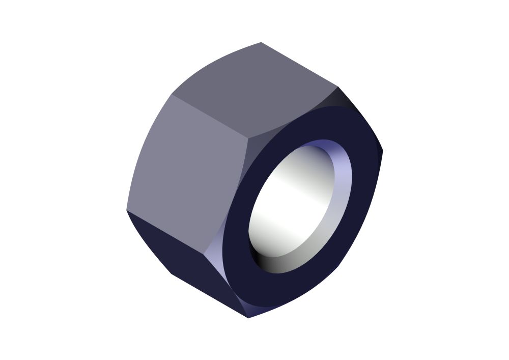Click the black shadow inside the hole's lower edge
(260, 255)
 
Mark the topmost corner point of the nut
(261, 42)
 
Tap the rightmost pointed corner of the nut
(382, 150)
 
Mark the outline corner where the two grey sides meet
(172, 95)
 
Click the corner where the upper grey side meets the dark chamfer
(337, 87)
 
